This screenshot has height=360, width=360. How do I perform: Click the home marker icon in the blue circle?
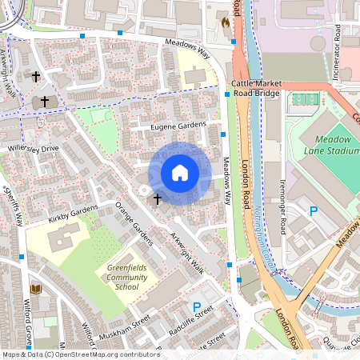[x=180, y=172]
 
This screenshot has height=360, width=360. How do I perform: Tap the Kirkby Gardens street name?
[x=71, y=214]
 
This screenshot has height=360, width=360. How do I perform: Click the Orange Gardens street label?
[x=133, y=225]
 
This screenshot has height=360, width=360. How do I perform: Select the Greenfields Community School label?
[x=116, y=277]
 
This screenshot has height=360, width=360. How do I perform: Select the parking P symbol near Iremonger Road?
[x=314, y=211]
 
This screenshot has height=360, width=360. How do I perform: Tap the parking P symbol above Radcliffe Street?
[x=197, y=306]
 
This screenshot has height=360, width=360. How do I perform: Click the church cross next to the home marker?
[x=157, y=198]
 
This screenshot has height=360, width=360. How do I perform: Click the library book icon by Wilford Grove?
[x=35, y=289]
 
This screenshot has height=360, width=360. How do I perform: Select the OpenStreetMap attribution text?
[x=70, y=354]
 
